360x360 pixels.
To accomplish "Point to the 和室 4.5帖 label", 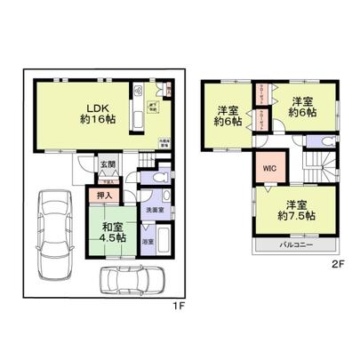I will click(x=111, y=233).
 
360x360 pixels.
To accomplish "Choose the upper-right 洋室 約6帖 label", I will click(x=302, y=110).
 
